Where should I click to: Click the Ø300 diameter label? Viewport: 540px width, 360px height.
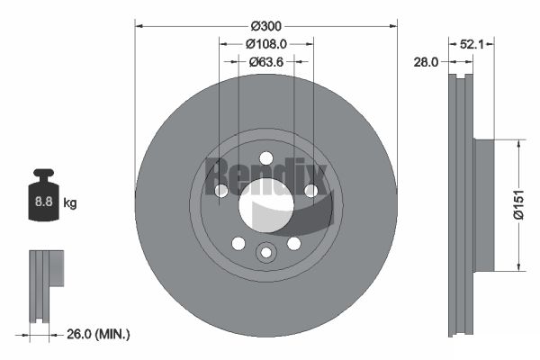265,25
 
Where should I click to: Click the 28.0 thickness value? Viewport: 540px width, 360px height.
426,62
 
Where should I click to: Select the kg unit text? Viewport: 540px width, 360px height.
70,203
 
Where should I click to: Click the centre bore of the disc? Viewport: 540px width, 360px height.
265,204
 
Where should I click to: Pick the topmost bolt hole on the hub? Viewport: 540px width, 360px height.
265,158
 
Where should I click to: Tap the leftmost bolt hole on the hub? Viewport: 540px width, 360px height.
220,190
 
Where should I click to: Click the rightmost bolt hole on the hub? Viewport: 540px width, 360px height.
310,190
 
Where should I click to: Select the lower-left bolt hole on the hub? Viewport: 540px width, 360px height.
238,243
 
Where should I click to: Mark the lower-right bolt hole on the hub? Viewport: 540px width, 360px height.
293,243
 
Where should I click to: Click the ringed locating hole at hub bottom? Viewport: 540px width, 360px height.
265,253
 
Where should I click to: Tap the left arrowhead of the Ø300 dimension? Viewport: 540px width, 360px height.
138,25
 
